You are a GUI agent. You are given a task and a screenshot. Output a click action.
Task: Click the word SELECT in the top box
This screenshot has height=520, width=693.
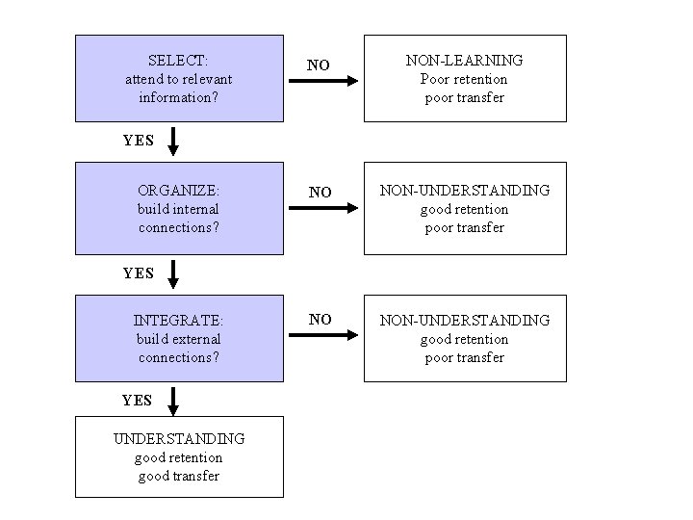178,60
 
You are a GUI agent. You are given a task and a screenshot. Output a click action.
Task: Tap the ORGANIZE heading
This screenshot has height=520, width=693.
178,190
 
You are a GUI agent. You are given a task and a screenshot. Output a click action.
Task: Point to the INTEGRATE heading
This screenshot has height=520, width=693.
178,320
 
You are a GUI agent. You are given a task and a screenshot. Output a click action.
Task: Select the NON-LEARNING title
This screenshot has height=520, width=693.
465,60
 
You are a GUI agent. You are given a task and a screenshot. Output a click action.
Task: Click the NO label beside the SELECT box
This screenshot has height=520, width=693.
319,65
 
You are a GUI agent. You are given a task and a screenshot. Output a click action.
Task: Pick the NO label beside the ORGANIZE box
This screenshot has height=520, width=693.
319,193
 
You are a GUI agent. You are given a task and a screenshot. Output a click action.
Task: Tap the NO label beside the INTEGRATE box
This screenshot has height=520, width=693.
320,320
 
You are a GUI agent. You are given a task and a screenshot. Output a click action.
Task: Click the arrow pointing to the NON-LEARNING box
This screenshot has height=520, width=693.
322,82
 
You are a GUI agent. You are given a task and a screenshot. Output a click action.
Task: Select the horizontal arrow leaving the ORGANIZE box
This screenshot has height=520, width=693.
322,207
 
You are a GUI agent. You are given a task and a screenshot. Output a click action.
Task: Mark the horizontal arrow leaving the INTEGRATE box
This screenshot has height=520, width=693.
322,336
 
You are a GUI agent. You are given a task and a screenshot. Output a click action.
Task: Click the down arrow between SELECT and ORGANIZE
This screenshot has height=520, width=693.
173,143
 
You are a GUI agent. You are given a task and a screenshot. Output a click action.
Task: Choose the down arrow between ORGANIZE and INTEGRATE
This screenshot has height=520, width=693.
173,273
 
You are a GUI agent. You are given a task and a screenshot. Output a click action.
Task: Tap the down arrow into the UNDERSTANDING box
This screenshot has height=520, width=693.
173,401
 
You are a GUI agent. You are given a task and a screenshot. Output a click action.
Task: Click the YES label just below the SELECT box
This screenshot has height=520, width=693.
139,141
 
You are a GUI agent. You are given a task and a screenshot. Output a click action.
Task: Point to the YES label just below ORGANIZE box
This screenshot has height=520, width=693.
139,273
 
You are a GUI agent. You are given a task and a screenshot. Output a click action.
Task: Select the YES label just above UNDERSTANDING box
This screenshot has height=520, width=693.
138,400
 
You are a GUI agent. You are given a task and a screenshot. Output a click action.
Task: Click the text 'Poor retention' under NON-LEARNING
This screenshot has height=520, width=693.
465,79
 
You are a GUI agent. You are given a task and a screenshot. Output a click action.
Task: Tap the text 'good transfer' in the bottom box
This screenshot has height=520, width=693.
179,476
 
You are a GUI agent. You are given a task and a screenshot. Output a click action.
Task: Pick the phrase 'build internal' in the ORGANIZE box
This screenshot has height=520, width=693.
178,209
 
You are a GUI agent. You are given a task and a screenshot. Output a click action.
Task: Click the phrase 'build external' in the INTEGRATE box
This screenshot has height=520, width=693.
178,339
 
